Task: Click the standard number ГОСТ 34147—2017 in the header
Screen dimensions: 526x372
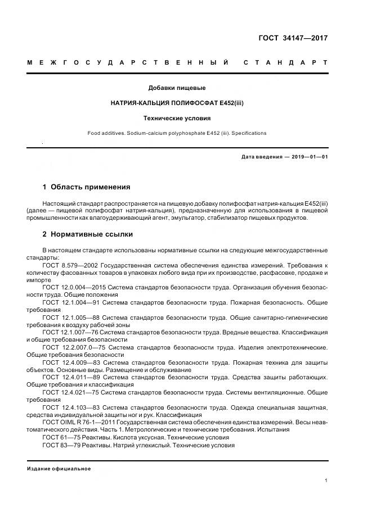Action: [x=292, y=38]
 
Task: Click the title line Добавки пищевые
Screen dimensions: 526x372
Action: [x=177, y=88]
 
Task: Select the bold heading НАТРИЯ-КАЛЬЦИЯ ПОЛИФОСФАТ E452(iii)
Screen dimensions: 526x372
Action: [x=177, y=103]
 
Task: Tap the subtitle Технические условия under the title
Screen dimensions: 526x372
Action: [x=177, y=119]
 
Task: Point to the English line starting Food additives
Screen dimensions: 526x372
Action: [x=177, y=133]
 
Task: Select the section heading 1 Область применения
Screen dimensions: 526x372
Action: [x=86, y=187]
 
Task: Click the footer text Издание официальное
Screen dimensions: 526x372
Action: [x=59, y=468]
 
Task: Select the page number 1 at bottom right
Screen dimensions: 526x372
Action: [x=326, y=480]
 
